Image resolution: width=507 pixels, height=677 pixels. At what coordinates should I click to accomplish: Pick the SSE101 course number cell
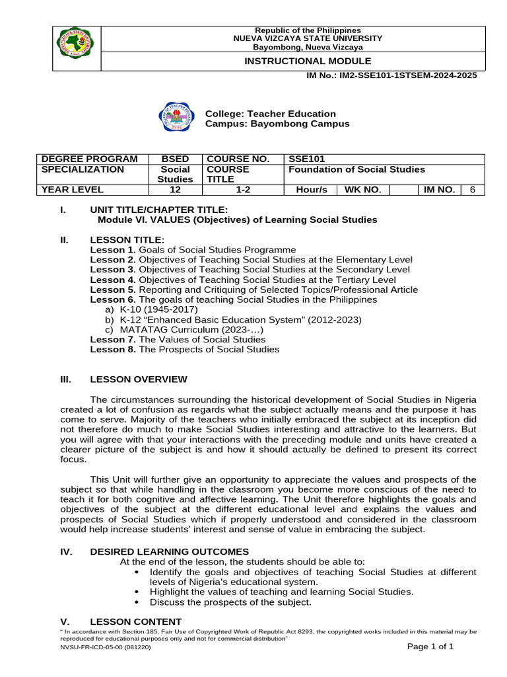coord(307,159)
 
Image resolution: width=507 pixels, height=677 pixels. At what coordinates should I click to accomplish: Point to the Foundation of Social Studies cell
coord(356,169)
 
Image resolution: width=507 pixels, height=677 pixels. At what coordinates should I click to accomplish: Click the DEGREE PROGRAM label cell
coord(90,159)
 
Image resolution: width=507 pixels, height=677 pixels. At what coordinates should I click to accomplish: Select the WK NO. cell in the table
coord(362,190)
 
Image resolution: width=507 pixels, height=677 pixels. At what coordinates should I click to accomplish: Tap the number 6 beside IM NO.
coord(472,190)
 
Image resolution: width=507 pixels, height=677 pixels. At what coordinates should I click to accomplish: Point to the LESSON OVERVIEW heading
coord(139,379)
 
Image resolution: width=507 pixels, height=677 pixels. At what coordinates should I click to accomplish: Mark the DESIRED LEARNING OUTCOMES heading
coord(170,551)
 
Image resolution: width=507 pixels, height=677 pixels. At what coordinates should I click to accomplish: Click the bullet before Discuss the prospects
coord(136,602)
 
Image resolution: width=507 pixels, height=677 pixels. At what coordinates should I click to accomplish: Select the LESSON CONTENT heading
coord(135,621)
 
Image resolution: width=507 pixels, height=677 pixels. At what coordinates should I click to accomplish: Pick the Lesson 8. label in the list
coord(113,349)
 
